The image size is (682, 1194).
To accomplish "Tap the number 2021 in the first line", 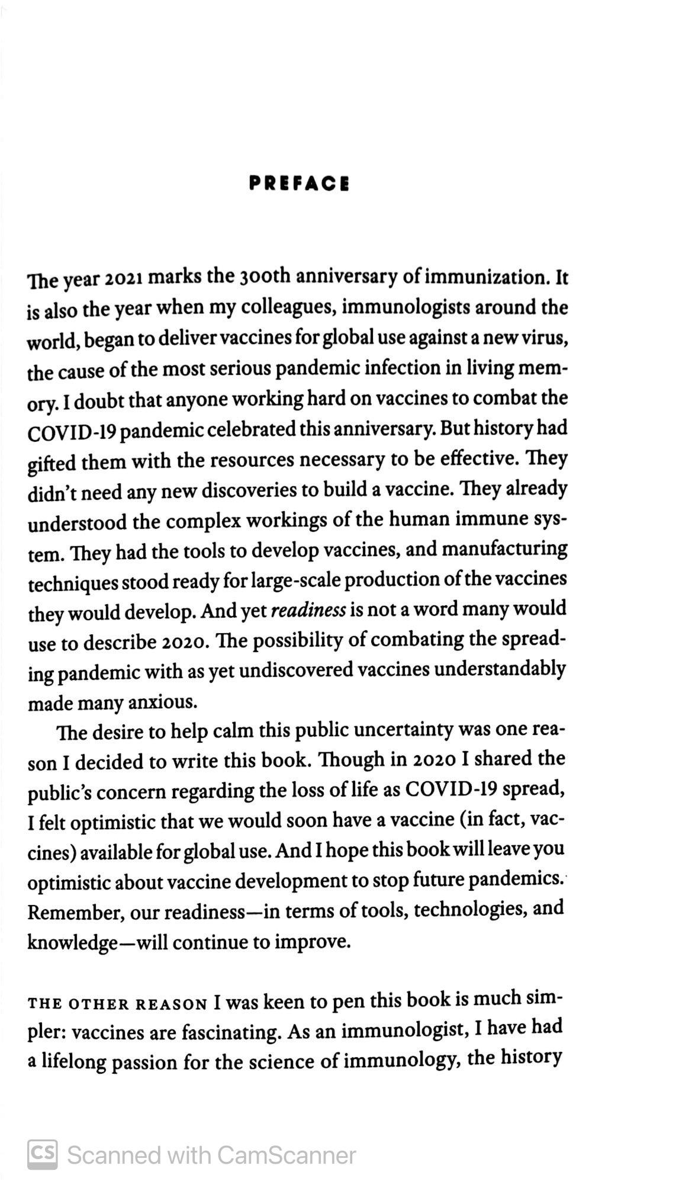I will click(x=125, y=278).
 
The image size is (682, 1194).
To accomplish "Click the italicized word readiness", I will click(x=308, y=610).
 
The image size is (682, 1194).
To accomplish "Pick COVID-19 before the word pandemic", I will click(x=73, y=431).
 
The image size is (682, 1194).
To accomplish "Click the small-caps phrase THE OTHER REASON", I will click(x=117, y=1004).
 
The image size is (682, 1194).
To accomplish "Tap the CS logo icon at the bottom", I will click(x=43, y=1154).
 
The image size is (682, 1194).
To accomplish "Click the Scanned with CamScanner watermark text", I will click(x=211, y=1156).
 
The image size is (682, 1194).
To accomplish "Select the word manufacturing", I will click(x=504, y=549).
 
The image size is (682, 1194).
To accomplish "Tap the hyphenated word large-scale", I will click(x=294, y=580).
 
